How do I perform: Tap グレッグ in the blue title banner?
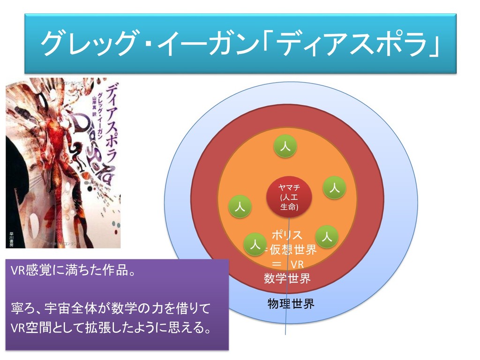pyautogui.click(x=89, y=44)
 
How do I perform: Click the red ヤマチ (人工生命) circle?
pyautogui.click(x=288, y=196)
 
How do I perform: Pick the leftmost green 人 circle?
pyautogui.click(x=240, y=206)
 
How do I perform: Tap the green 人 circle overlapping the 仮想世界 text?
pyautogui.click(x=255, y=244)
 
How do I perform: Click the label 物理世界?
pyautogui.click(x=291, y=304)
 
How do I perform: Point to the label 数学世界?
pyautogui.click(x=287, y=279)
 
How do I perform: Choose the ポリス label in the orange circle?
pyautogui.click(x=287, y=234)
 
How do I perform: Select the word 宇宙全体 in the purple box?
pyautogui.click(x=75, y=308)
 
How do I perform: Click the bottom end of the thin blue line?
pyautogui.click(x=286, y=334)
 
